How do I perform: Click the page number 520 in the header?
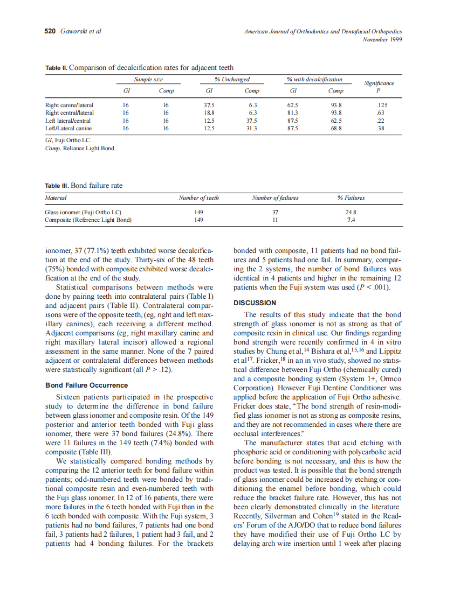tap(50, 31)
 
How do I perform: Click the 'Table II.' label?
tap(56, 68)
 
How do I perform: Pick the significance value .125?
tap(381, 106)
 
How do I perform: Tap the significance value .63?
tap(381, 113)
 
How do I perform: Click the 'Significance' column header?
tap(379, 83)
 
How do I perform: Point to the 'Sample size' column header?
tap(148, 80)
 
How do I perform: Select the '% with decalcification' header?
tap(314, 80)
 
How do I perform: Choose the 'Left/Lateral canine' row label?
tap(68, 129)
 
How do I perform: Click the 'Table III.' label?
tap(57, 186)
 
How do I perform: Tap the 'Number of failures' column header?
tap(275, 198)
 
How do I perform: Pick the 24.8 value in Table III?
tap(351, 212)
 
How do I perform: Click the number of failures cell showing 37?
tap(275, 212)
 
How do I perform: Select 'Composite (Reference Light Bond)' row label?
tap(88, 220)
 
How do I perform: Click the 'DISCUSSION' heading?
tap(255, 303)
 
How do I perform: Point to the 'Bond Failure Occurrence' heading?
tap(87, 385)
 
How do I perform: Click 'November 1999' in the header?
tap(382, 39)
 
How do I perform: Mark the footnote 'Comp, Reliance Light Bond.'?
tap(80, 148)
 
